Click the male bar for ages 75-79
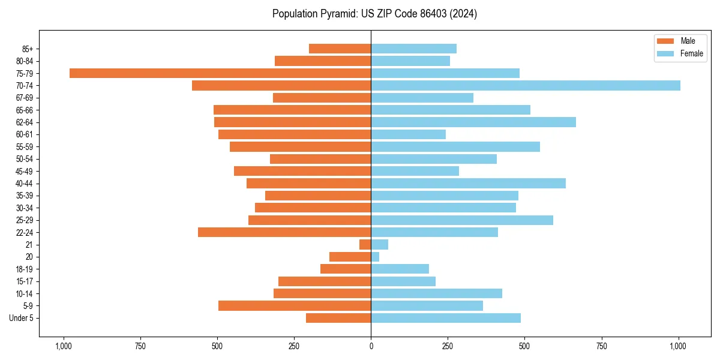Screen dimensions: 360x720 220,73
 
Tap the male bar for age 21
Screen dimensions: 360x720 365,245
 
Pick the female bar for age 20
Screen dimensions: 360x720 375,257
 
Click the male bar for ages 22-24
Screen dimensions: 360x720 284,232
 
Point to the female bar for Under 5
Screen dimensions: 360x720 446,318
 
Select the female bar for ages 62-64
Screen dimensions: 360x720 473,122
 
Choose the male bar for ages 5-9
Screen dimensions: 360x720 295,306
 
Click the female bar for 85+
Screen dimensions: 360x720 414,49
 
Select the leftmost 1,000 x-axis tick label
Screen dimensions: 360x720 63,346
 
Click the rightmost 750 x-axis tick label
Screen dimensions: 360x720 601,346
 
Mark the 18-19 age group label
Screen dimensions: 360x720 25,269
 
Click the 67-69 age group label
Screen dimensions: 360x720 25,98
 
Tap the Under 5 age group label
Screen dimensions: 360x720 21,318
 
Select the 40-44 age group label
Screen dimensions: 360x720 25,184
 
